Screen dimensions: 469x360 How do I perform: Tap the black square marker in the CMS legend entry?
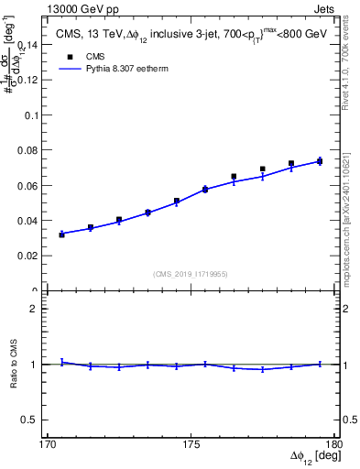coord(69,55)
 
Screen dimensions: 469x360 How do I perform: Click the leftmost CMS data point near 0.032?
coord(62,234)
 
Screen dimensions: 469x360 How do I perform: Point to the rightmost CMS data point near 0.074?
coord(320,161)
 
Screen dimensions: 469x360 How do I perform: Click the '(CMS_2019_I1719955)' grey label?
coord(191,273)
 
